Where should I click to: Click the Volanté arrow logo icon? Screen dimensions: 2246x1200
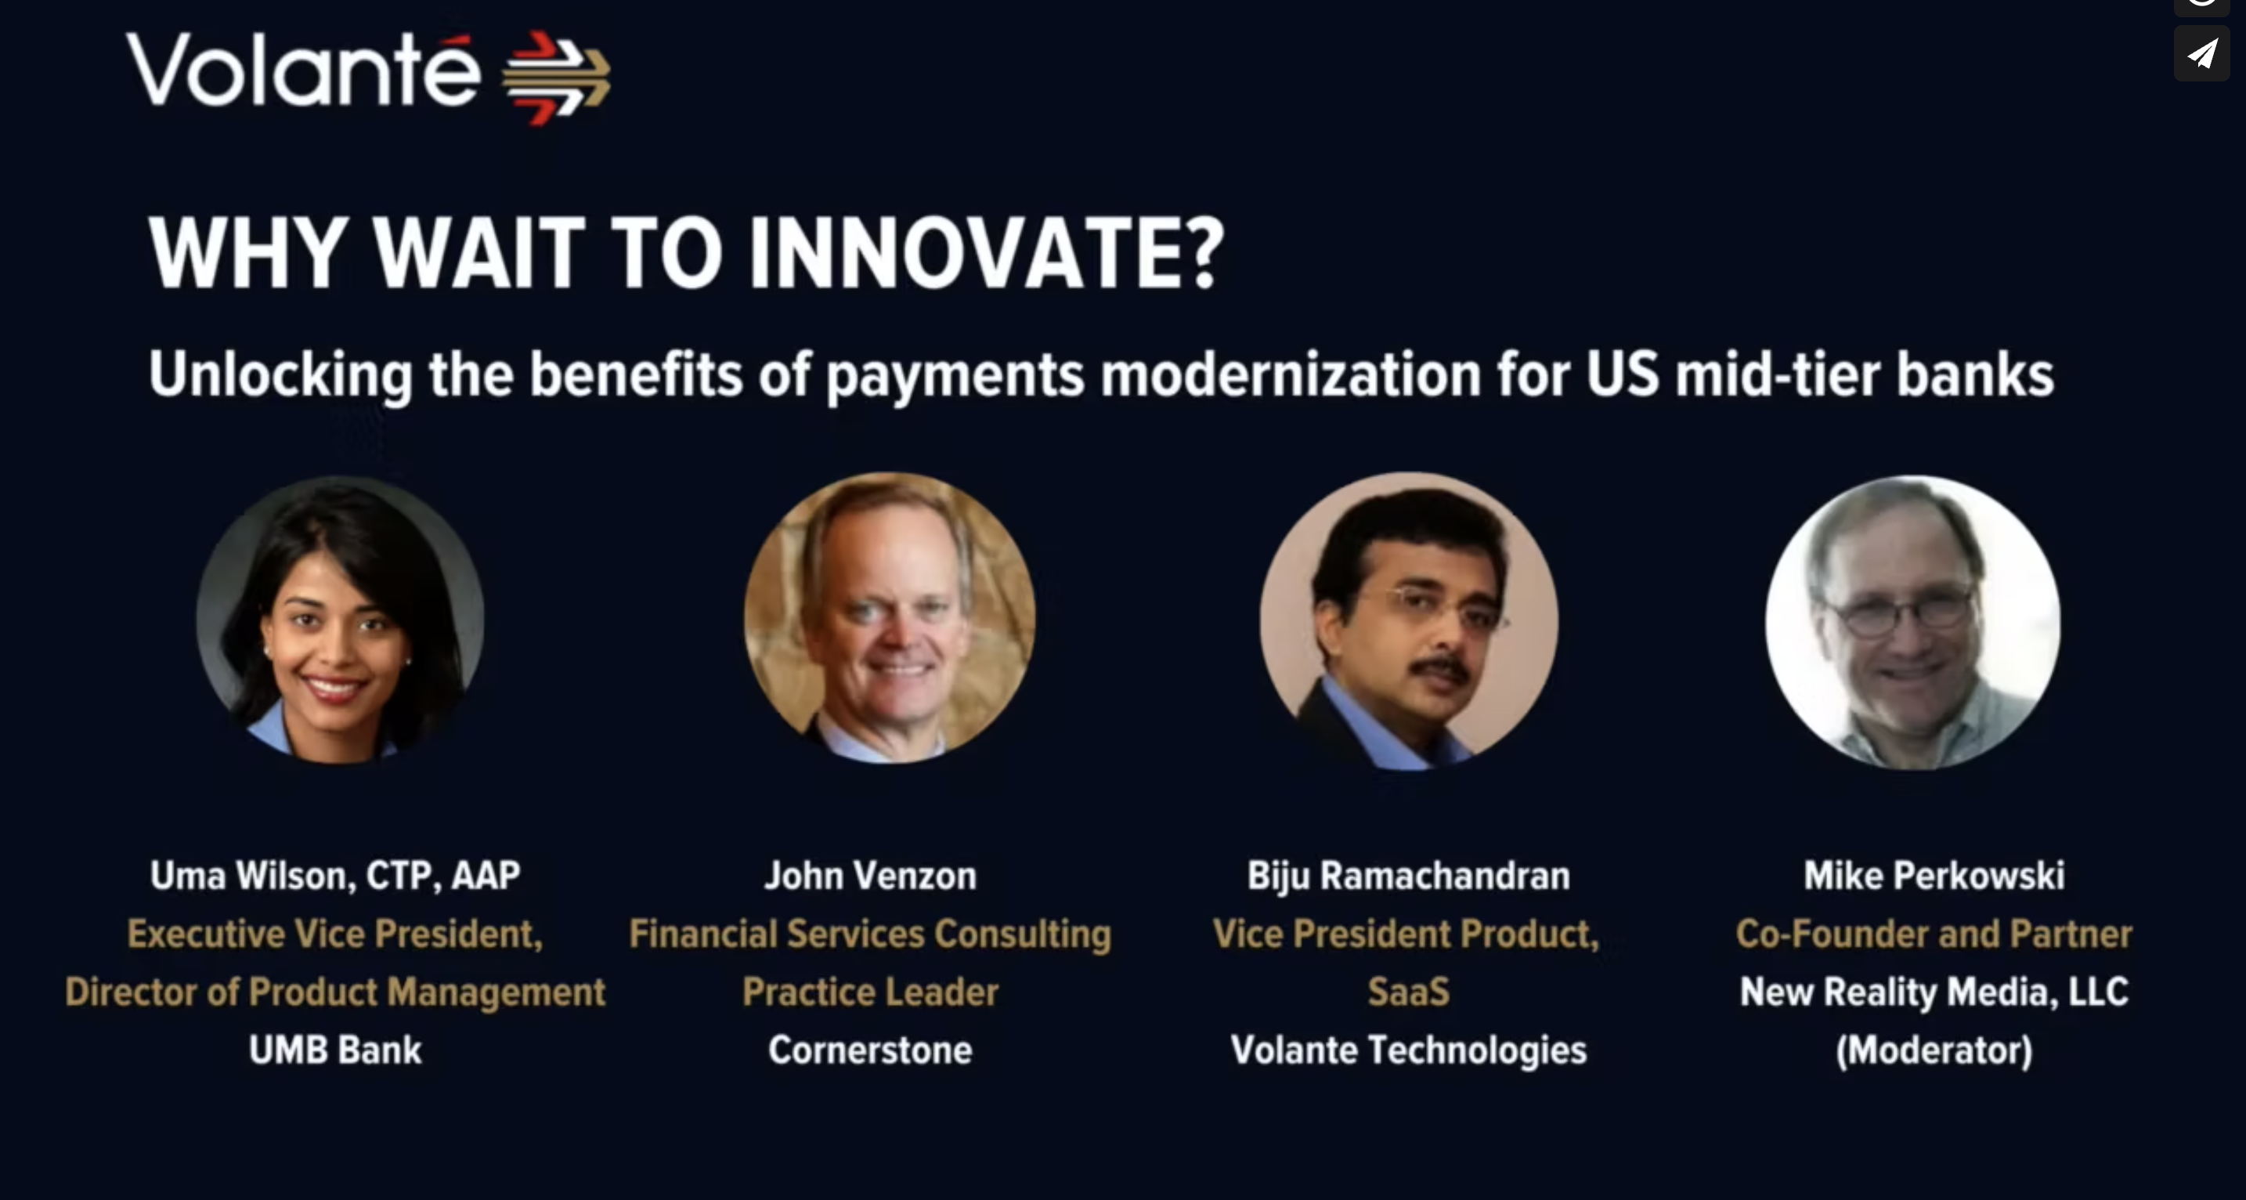[x=556, y=78]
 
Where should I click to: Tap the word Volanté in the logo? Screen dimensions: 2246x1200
[x=302, y=70]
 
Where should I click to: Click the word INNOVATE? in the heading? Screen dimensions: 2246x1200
[x=986, y=252]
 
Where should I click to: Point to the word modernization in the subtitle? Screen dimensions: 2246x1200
[x=1291, y=374]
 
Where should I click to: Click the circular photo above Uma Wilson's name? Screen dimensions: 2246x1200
[x=340, y=620]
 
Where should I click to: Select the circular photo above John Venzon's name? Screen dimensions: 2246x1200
[x=890, y=618]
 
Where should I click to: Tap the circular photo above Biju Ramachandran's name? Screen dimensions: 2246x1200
[x=1409, y=621]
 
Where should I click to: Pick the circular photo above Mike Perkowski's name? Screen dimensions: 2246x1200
[x=1913, y=623]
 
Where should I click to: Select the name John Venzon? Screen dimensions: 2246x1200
[x=870, y=876]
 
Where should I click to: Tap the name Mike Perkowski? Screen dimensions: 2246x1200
[x=1934, y=876]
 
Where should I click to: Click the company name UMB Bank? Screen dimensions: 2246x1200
[x=336, y=1050]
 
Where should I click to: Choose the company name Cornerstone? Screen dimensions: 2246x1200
[x=870, y=1050]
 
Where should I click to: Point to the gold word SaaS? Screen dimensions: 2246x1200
[x=1409, y=992]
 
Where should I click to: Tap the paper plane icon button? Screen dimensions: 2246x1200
[x=2201, y=54]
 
